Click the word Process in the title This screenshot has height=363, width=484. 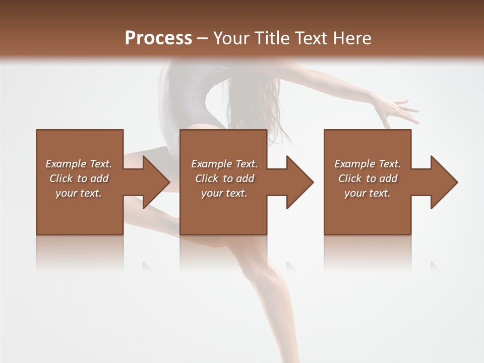point(158,38)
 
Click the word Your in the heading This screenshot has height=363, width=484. point(231,38)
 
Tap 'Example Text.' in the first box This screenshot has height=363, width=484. point(79,164)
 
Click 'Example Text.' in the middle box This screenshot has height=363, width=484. point(224,164)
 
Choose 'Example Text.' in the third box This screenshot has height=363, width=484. point(368,164)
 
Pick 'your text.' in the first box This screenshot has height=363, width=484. point(79,193)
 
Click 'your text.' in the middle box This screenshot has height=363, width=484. point(224,193)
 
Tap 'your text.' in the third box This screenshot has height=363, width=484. point(368,193)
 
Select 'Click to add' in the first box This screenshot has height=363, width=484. point(79,178)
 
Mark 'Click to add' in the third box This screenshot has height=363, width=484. point(368,178)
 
